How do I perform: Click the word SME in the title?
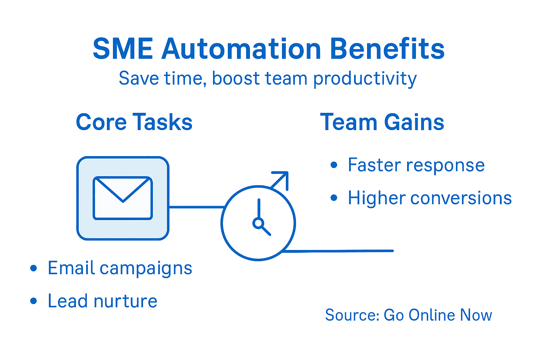click(123, 49)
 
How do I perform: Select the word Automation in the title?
click(241, 49)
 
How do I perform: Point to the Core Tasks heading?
click(134, 122)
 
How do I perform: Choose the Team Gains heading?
click(382, 122)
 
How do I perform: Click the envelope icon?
click(123, 198)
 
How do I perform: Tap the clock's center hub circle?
click(258, 223)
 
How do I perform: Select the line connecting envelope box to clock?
click(196, 207)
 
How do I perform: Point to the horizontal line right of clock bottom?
click(337, 251)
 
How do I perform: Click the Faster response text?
click(416, 165)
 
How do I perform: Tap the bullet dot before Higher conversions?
click(334, 198)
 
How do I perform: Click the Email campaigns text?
click(120, 268)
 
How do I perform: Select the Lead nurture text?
click(102, 301)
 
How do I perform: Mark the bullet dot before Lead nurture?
click(34, 301)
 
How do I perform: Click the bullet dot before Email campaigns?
click(34, 268)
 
